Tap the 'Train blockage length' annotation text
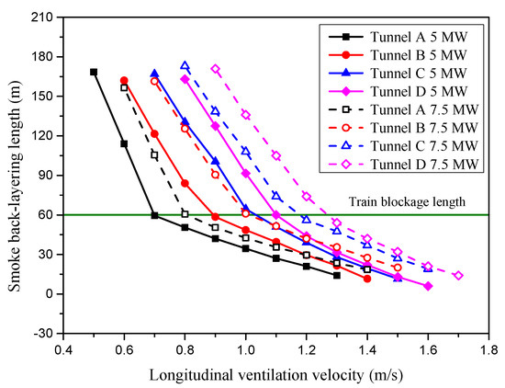tap(428, 201)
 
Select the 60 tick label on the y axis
tap(47, 214)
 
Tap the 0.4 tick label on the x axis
tap(63, 350)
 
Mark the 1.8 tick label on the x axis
tap(488, 350)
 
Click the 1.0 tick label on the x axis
tap(245, 350)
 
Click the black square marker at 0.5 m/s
tap(94, 72)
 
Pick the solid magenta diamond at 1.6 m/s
tap(428, 286)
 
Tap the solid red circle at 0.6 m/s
tap(124, 81)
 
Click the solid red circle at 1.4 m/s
tap(367, 278)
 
